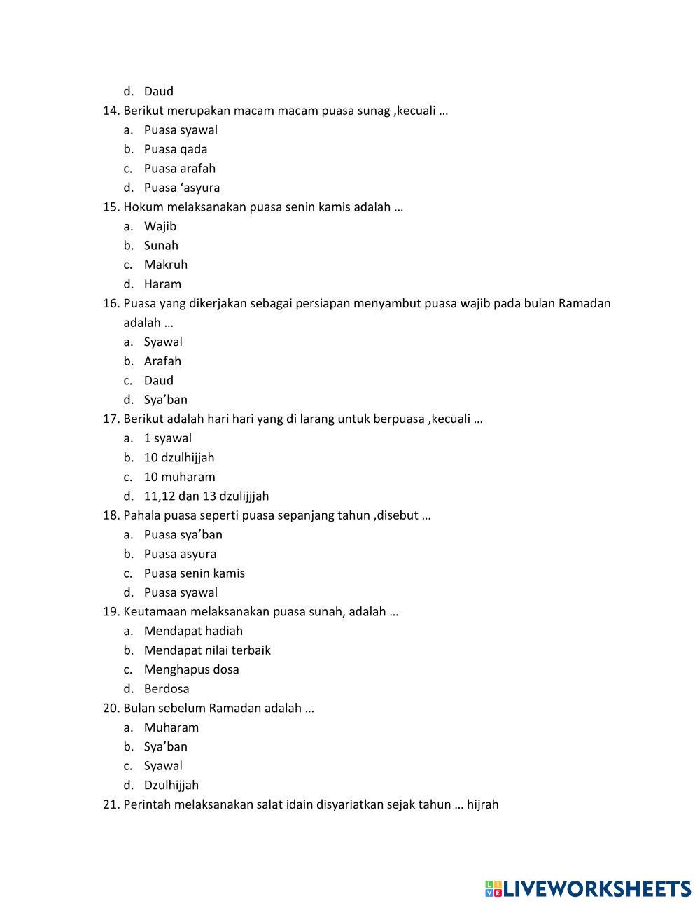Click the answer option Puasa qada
(175, 149)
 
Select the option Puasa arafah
(179, 168)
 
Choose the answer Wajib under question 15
(160, 226)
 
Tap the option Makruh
(165, 265)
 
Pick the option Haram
(162, 284)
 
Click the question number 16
(111, 303)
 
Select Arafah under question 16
(162, 361)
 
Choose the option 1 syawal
(167, 438)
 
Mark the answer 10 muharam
(179, 477)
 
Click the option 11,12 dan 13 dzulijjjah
(206, 496)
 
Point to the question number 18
(111, 515)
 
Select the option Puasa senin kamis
(194, 573)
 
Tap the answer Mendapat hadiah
(193, 631)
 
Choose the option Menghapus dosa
(191, 669)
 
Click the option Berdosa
(167, 689)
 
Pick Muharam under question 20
(171, 727)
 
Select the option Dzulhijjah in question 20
(171, 786)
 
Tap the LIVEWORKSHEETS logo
(588, 889)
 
